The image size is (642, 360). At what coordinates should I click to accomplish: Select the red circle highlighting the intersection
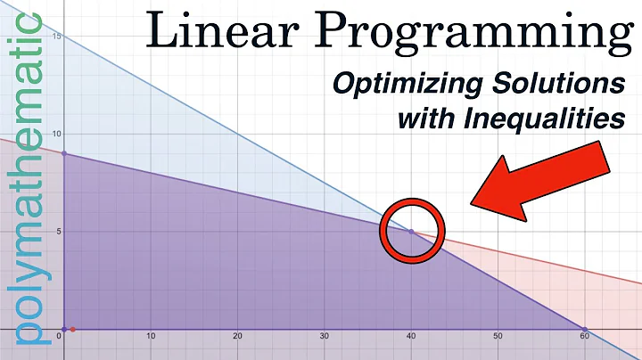(x=410, y=231)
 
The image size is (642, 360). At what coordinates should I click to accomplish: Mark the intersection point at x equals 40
(x=411, y=231)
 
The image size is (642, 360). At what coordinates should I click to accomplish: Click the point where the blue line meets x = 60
(x=585, y=330)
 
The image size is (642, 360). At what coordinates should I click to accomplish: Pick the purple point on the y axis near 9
(x=63, y=154)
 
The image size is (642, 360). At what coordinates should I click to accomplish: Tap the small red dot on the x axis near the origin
(x=73, y=330)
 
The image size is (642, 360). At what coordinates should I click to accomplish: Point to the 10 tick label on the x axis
(x=151, y=337)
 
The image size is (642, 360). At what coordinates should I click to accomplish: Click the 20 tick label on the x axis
(x=237, y=337)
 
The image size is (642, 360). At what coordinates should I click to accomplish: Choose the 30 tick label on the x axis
(x=325, y=337)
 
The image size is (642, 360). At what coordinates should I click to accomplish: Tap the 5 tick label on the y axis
(x=56, y=232)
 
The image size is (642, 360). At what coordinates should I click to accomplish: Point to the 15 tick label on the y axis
(x=54, y=37)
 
